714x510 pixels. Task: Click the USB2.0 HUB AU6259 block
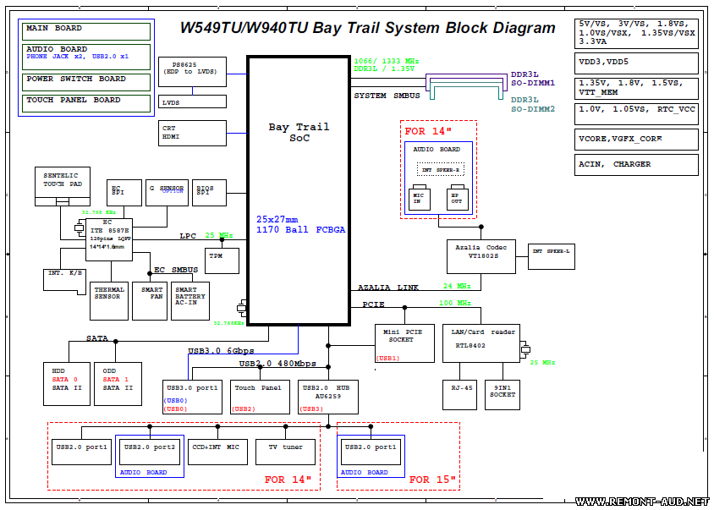tap(330, 397)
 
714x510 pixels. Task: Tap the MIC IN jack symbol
tap(418, 198)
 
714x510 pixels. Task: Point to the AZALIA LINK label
tap(388, 288)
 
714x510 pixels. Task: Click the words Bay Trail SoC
tap(299, 132)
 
